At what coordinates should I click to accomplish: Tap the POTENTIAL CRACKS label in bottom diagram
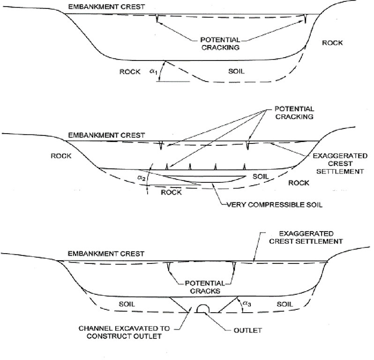[202, 287]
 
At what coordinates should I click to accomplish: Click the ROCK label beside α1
[129, 71]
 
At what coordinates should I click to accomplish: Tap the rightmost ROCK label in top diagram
[332, 43]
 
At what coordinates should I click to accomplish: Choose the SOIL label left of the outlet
[127, 304]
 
